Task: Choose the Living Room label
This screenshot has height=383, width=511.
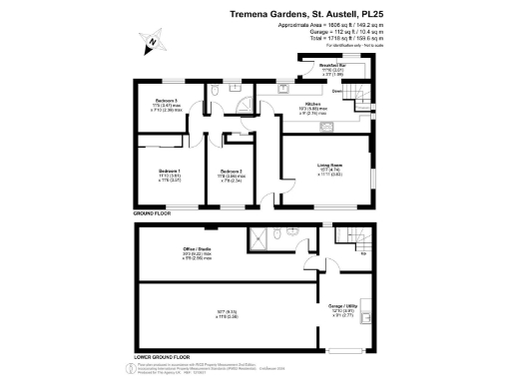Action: coord(330,167)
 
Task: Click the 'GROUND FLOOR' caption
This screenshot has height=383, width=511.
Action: coord(153,213)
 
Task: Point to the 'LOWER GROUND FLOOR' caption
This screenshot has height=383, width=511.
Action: coord(162,355)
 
